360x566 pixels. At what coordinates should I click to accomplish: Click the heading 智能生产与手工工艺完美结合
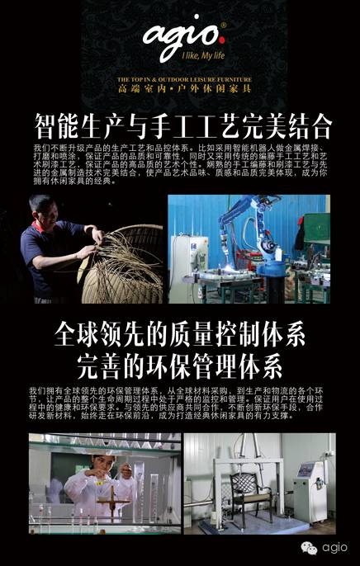tap(182, 126)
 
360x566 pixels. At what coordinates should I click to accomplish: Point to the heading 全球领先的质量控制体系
tap(180, 336)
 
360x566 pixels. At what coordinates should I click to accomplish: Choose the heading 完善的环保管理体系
tap(180, 364)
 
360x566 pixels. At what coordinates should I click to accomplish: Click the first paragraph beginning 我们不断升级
tap(180, 163)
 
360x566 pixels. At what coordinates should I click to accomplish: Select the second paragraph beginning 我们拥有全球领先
tap(180, 405)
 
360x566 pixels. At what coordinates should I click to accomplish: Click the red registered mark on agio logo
tap(222, 26)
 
